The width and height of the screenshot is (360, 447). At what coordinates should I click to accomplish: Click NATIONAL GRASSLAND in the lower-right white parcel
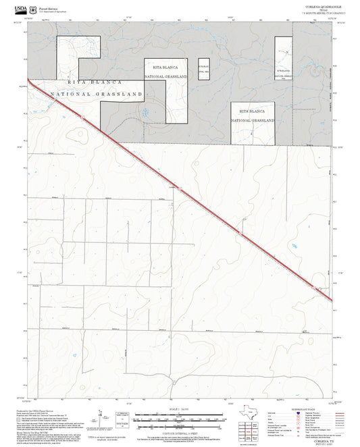(x=253, y=120)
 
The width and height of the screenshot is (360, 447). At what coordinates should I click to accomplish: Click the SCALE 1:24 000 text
(x=179, y=407)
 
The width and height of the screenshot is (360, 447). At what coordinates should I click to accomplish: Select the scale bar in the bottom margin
(x=179, y=416)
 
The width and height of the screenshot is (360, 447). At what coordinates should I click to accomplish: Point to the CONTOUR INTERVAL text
(x=179, y=429)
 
